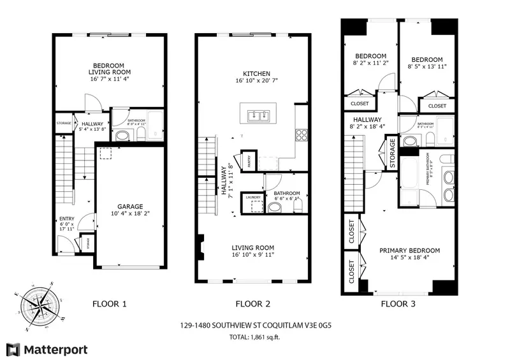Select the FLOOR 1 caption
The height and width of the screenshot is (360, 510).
coord(110,304)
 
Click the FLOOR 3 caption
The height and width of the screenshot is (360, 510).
coord(398,304)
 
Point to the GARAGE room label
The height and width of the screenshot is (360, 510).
coord(129,206)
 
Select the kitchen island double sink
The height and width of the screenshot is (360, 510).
coord(259,115)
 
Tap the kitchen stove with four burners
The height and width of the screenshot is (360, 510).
coord(302,134)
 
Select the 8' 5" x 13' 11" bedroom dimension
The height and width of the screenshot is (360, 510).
coord(427,66)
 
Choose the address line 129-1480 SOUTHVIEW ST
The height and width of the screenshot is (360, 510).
coord(254,325)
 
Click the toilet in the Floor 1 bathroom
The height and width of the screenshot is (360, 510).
coord(122,135)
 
